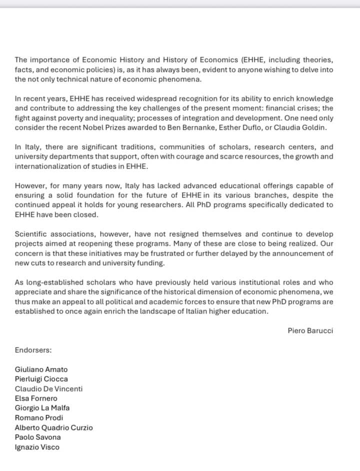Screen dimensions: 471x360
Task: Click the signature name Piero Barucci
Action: [x=310, y=330]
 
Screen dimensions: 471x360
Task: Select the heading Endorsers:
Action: [x=33, y=350]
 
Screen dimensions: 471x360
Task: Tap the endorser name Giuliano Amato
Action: [x=41, y=369]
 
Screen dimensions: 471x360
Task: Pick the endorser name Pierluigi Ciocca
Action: [x=41, y=379]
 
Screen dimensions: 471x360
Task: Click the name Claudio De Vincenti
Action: [x=48, y=388]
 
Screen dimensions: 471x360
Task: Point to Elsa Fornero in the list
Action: [x=36, y=398]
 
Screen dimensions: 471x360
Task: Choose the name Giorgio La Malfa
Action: [x=42, y=408]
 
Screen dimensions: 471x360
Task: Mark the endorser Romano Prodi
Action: [x=39, y=417]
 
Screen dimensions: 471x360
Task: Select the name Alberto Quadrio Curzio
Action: [x=53, y=427]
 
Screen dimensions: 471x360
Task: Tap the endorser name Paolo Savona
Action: [x=38, y=437]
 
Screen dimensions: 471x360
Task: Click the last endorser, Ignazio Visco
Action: [x=37, y=447]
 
